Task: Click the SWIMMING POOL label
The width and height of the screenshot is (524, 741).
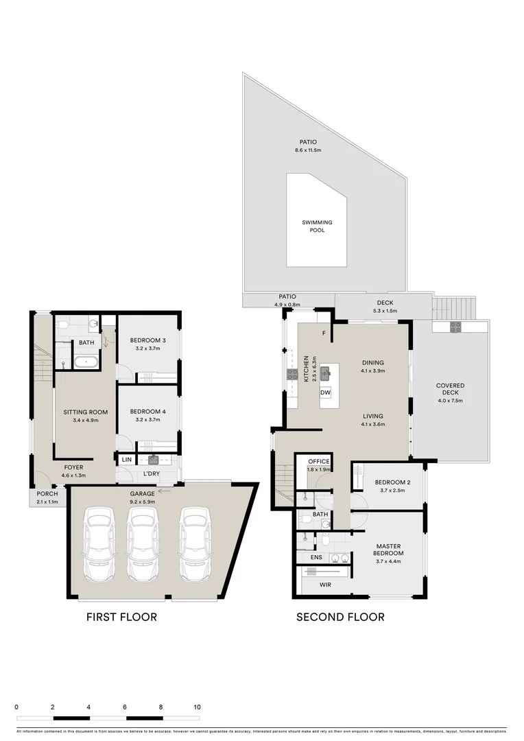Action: [317, 226]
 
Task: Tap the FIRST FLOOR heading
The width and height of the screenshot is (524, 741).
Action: [121, 617]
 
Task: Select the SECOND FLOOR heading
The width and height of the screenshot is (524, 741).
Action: [340, 617]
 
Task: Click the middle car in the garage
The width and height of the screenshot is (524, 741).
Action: [142, 543]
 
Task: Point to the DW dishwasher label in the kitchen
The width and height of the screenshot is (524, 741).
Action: [326, 392]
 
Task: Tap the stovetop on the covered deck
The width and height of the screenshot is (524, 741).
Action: [455, 328]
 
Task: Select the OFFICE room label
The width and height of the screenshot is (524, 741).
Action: [319, 462]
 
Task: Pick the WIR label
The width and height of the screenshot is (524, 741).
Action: [326, 585]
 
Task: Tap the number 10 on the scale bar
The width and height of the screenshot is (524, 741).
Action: [197, 707]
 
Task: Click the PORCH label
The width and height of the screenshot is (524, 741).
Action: [47, 494]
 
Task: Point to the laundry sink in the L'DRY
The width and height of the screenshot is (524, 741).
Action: [154, 460]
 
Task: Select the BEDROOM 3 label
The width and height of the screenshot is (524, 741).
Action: [148, 340]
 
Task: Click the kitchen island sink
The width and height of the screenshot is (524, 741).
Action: [326, 373]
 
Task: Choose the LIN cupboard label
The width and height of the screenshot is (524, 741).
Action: [127, 460]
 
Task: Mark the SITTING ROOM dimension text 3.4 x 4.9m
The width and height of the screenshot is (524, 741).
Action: [82, 421]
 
